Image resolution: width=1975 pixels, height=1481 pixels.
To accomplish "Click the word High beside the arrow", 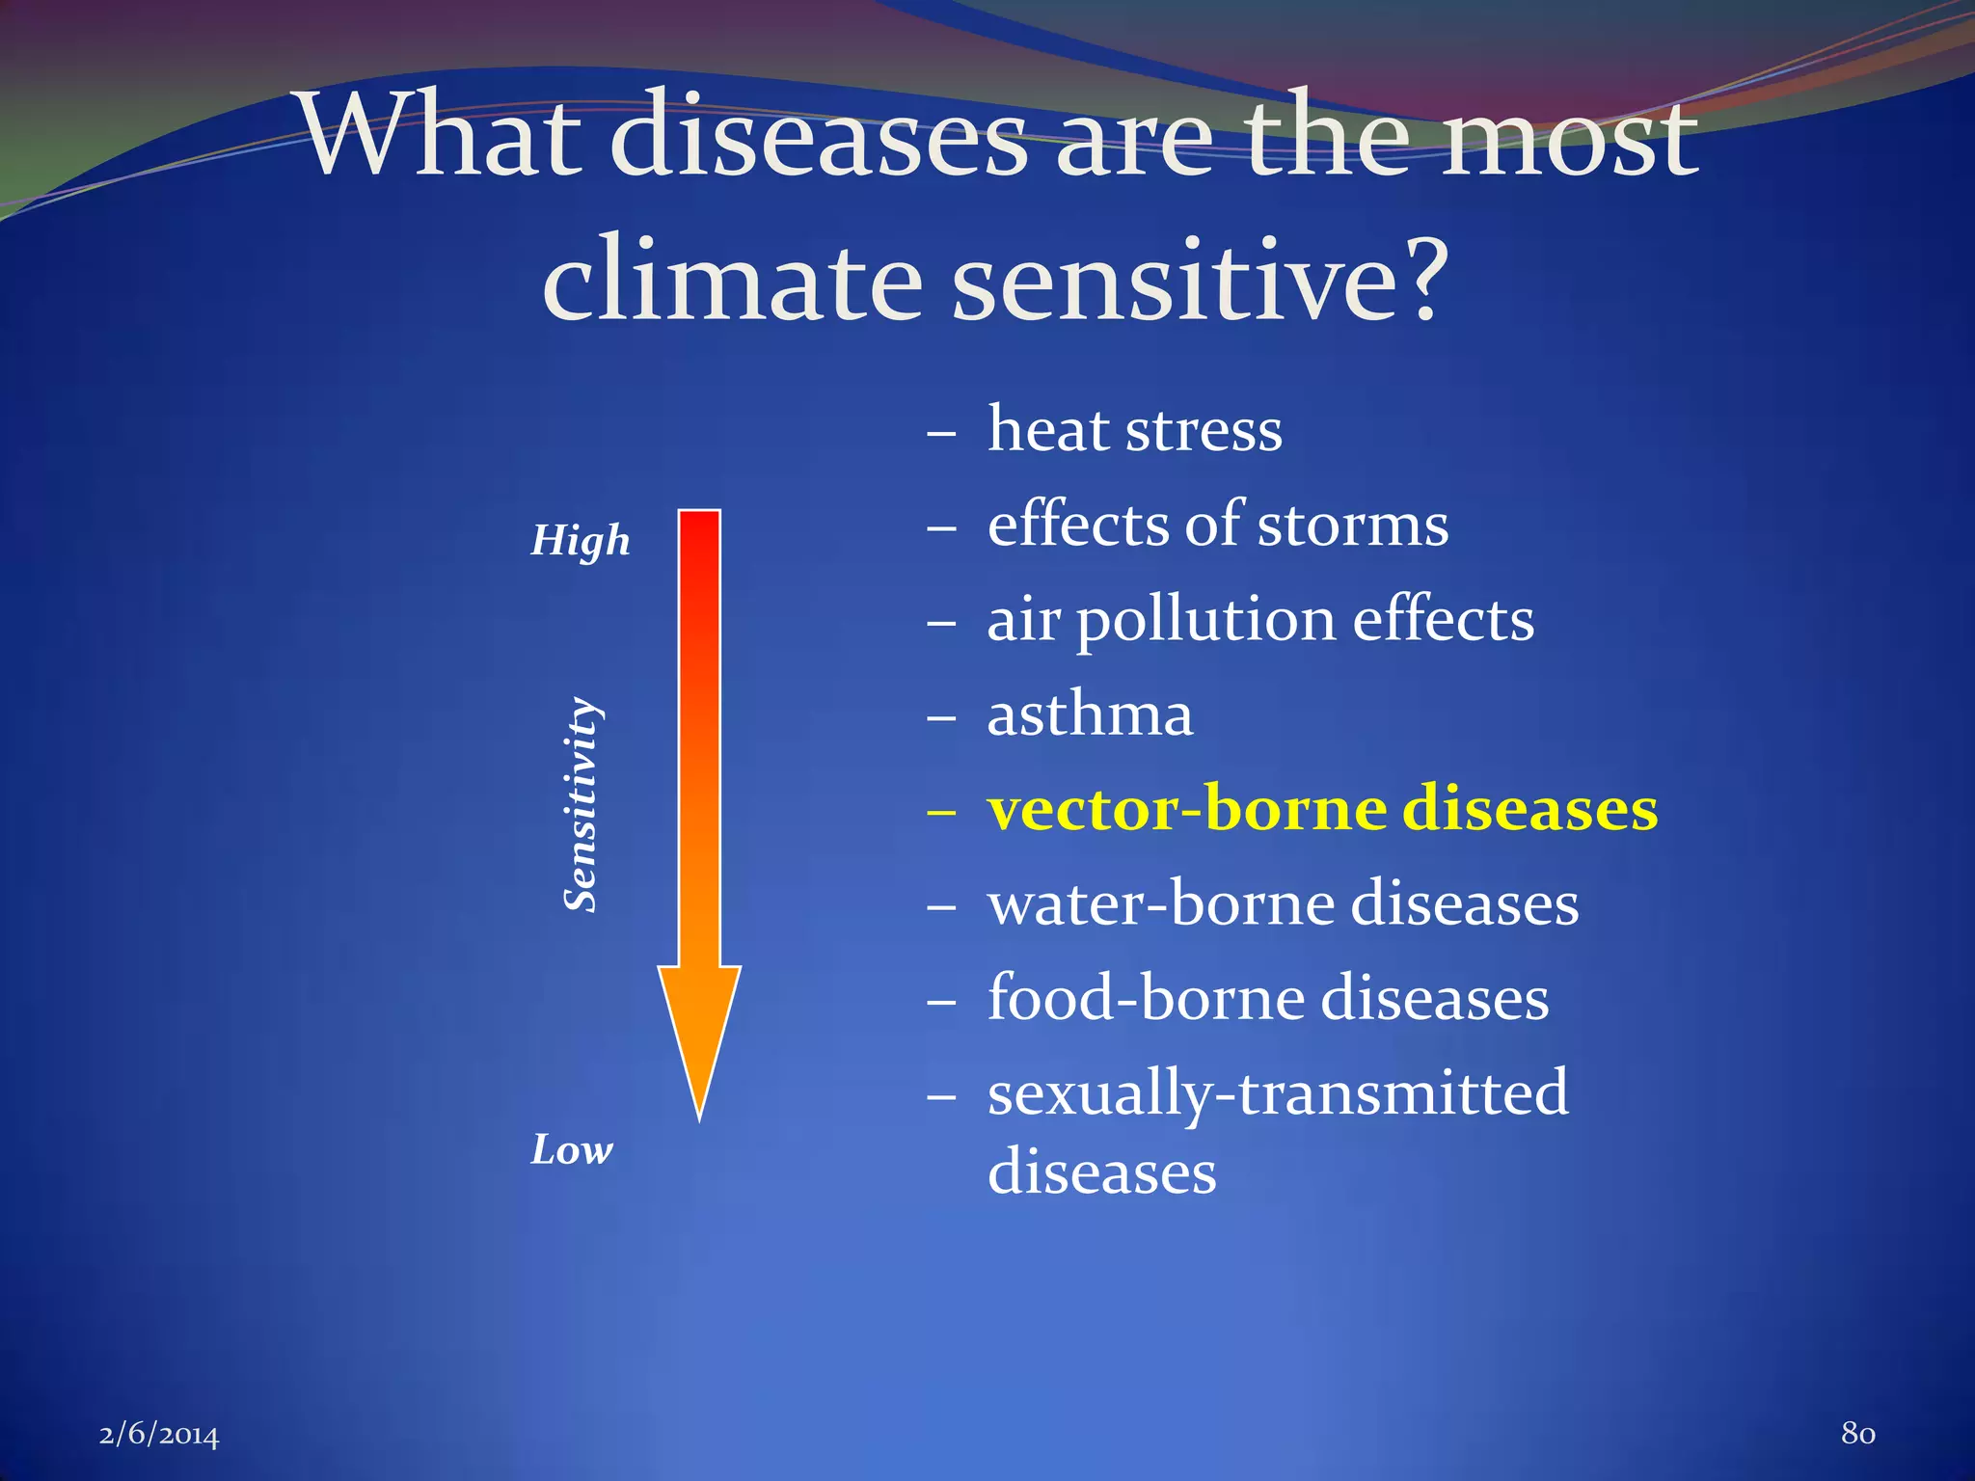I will [x=580, y=541].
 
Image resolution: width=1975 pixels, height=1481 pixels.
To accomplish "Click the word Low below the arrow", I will [x=571, y=1150].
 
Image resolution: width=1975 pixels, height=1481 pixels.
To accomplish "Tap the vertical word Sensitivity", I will [x=581, y=804].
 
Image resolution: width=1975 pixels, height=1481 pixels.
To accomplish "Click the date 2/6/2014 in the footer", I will [x=159, y=1435].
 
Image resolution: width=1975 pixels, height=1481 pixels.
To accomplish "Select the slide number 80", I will [x=1857, y=1433].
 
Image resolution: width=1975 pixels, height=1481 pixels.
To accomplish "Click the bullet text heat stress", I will [x=1134, y=430].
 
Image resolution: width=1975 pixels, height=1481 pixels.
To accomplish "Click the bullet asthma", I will [x=1090, y=715].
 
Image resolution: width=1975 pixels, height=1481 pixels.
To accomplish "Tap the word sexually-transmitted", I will [x=1278, y=1094].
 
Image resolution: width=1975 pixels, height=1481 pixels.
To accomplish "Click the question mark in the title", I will [x=1418, y=280].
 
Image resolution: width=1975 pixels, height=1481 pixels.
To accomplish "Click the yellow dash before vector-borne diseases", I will [x=940, y=813].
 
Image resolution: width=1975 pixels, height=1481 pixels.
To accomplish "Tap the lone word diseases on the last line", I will [x=1102, y=1173].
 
